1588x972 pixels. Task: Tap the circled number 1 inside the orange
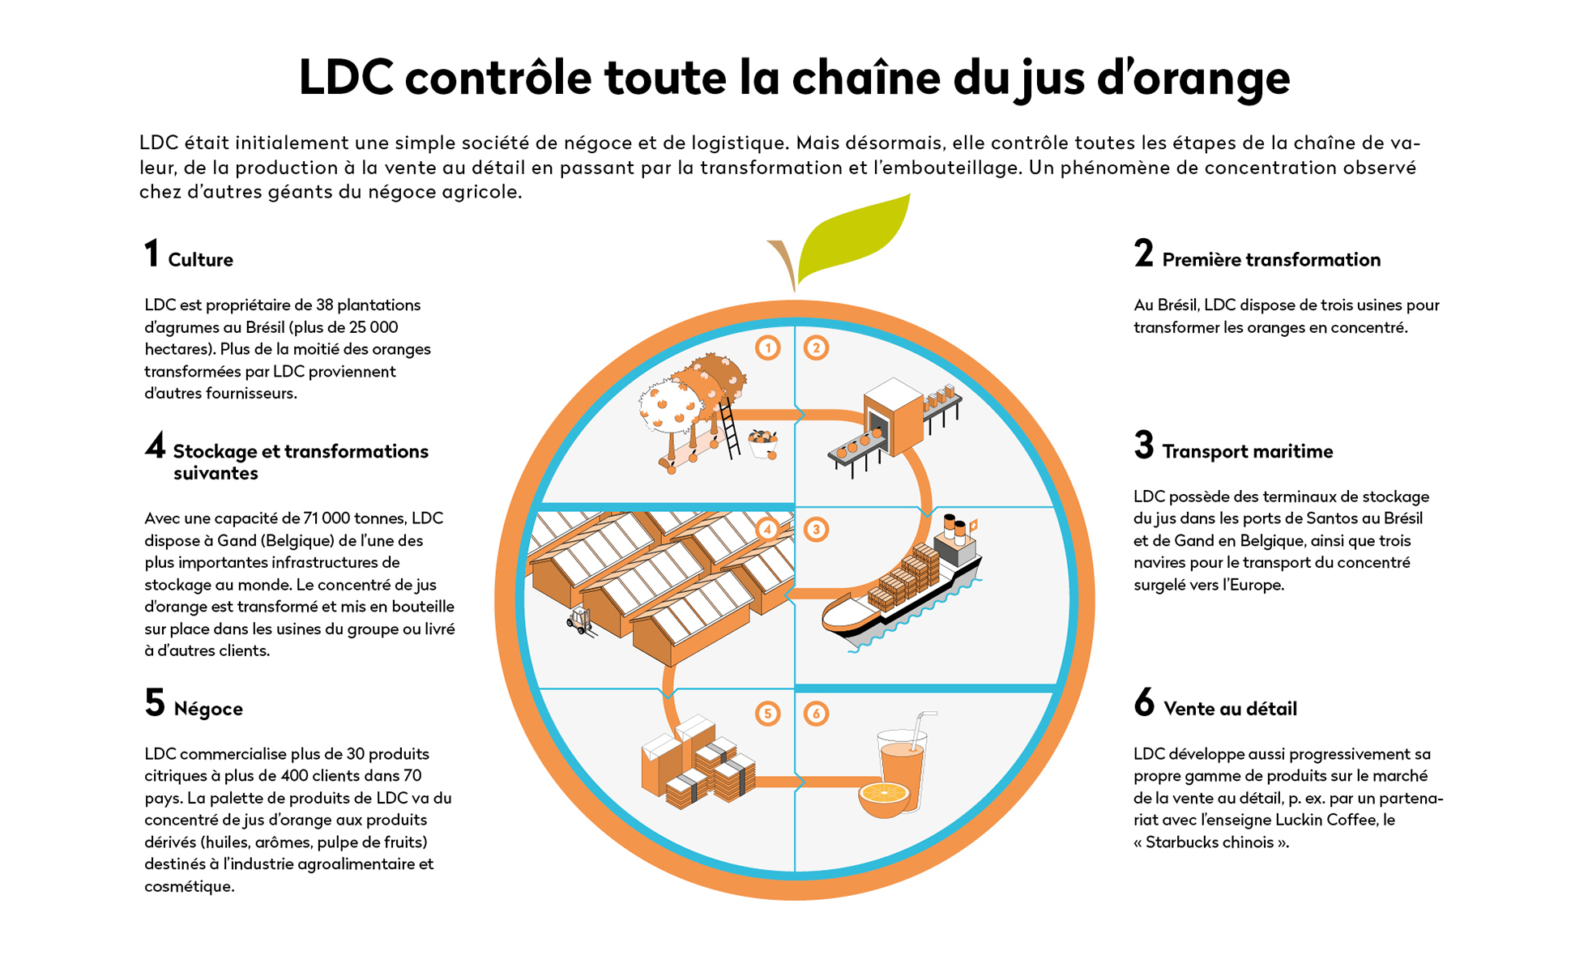click(x=767, y=347)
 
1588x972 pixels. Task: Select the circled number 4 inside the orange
click(x=767, y=530)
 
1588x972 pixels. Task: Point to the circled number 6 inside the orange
click(x=816, y=714)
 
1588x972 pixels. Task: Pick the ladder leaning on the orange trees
click(x=728, y=428)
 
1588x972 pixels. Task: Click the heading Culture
click(x=200, y=260)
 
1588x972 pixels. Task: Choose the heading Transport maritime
click(x=1247, y=452)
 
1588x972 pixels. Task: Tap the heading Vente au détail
click(x=1230, y=709)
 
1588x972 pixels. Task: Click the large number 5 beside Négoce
click(x=155, y=703)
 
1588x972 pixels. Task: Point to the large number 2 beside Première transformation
click(x=1143, y=254)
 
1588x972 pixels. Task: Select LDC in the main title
click(x=347, y=78)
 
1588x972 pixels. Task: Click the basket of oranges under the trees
click(x=762, y=443)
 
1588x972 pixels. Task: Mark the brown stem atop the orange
click(x=783, y=264)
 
